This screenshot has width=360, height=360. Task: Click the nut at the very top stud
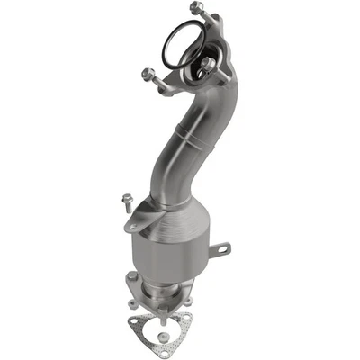(196, 8)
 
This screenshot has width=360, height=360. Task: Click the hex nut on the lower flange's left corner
(133, 277)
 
